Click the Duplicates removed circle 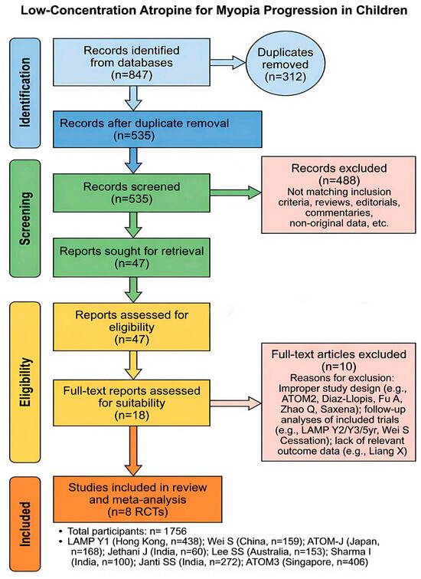pos(286,64)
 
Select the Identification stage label pos(24,93)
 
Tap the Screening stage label pos(24,219)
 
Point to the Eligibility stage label pos(24,382)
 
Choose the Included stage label pos(24,524)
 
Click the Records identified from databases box pos(132,62)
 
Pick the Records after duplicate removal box pos(158,130)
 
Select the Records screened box pos(132,192)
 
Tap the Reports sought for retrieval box pos(132,258)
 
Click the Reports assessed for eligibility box pos(132,327)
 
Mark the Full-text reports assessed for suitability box pos(132,403)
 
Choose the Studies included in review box pos(138,499)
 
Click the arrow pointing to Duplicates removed pos(228,62)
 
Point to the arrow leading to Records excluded pos(236,192)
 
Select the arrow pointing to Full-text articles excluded pos(236,403)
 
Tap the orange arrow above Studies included pos(133,451)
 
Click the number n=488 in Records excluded pos(339,180)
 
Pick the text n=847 pos(132,75)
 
